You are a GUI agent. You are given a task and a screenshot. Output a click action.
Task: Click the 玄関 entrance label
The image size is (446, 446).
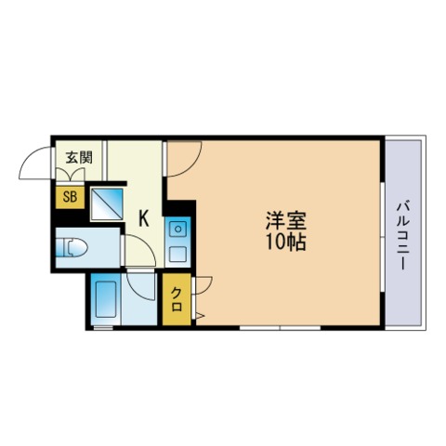tap(79, 158)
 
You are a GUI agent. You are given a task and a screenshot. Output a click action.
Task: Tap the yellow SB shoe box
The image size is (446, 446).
tap(70, 197)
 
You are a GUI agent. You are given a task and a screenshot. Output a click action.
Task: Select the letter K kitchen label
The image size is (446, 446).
tap(143, 218)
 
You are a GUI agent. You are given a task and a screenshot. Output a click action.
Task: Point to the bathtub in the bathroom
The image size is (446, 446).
tap(106, 299)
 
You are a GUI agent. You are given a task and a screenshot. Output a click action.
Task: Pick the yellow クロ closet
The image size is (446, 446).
tap(177, 299)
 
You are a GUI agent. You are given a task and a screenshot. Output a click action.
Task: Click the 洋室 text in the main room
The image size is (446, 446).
tap(285, 221)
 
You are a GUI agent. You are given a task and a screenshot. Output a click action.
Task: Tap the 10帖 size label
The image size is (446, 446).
tap(285, 242)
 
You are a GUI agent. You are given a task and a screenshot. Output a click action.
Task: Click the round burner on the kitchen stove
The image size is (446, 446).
tap(177, 230)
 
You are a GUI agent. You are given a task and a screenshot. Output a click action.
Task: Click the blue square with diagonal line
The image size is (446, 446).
tap(107, 204)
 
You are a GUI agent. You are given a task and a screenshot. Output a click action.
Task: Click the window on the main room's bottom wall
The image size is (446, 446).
tap(280, 327)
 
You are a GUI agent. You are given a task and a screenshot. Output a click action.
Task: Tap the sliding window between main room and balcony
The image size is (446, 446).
tap(383, 237)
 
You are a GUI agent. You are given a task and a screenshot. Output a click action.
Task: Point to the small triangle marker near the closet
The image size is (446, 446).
tap(200, 316)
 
